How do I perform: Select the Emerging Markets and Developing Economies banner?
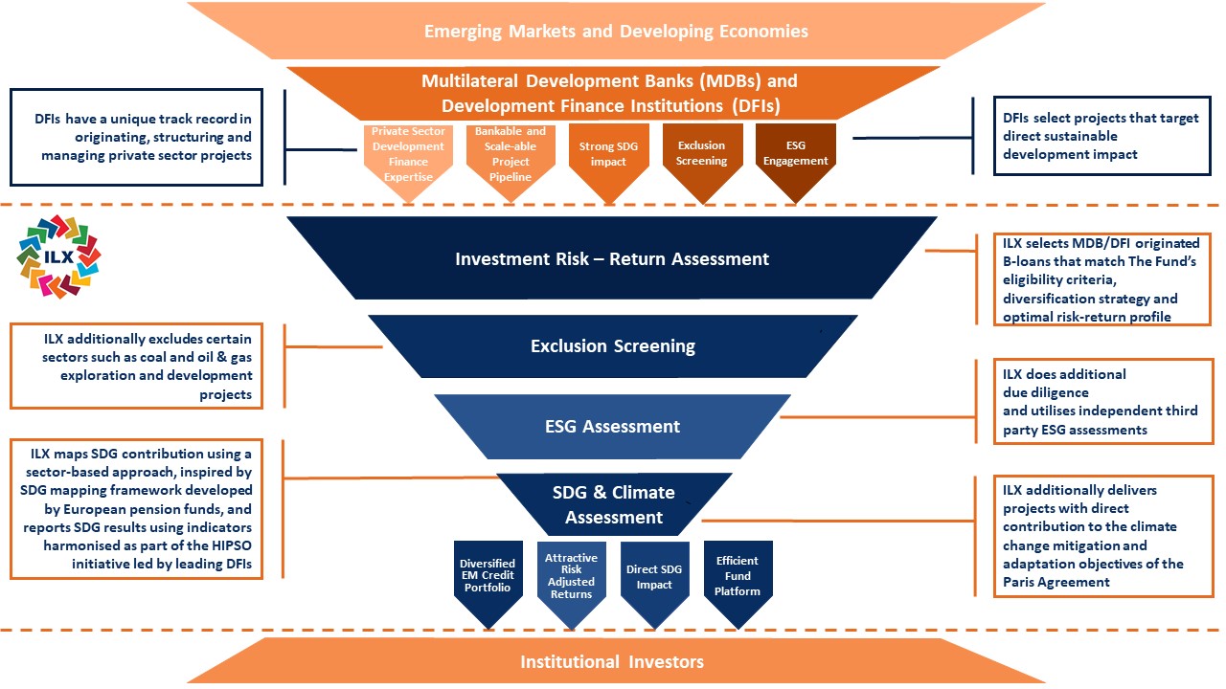[615, 32]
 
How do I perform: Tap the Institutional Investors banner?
[612, 661]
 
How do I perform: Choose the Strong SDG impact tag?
[608, 155]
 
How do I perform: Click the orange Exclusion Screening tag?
[702, 155]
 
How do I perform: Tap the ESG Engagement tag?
[795, 155]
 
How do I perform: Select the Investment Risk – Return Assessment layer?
[612, 258]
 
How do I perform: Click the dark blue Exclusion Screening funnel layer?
[612, 345]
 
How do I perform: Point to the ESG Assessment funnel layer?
[612, 426]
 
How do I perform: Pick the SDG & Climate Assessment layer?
[613, 504]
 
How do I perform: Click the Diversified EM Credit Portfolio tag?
[488, 577]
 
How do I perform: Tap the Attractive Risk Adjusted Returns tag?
[570, 577]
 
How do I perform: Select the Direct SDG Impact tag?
[655, 577]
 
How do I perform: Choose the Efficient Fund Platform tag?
[738, 576]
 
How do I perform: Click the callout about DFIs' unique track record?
[136, 136]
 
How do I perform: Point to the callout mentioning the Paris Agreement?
[1102, 536]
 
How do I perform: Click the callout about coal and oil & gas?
[136, 366]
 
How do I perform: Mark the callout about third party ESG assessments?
[1102, 402]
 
